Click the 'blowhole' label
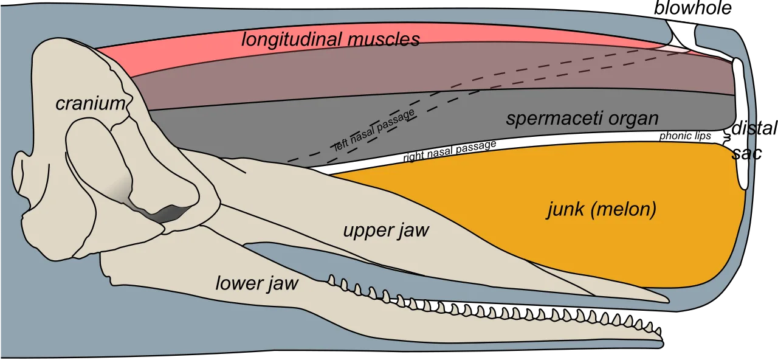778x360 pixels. pos(693,8)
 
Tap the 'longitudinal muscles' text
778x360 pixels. pos(331,40)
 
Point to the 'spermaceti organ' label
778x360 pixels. pos(582,119)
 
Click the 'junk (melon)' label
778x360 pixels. pos(602,210)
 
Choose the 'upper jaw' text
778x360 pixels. pos(386,230)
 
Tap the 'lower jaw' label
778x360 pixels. pos(257,283)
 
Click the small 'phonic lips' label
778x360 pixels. pos(685,136)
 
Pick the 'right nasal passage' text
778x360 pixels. pos(450,151)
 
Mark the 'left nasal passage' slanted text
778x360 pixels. pos(374,130)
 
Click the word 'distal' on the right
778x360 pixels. pos(754,128)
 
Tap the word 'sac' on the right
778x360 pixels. pos(747,153)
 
